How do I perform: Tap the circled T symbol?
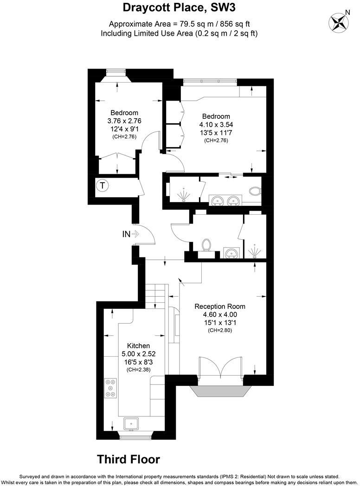tap(102, 186)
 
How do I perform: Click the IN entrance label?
tap(126, 234)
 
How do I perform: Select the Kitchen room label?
tap(139, 345)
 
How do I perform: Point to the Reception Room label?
tap(219, 306)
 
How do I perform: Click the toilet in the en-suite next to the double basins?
tap(255, 191)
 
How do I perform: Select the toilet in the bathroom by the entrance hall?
tap(207, 245)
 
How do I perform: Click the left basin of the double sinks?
tap(217, 201)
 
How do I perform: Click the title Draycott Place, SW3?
tap(180, 7)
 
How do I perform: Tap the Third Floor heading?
tap(129, 459)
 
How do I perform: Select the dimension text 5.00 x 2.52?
tap(139, 354)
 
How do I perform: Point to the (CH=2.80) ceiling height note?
tap(219, 331)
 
